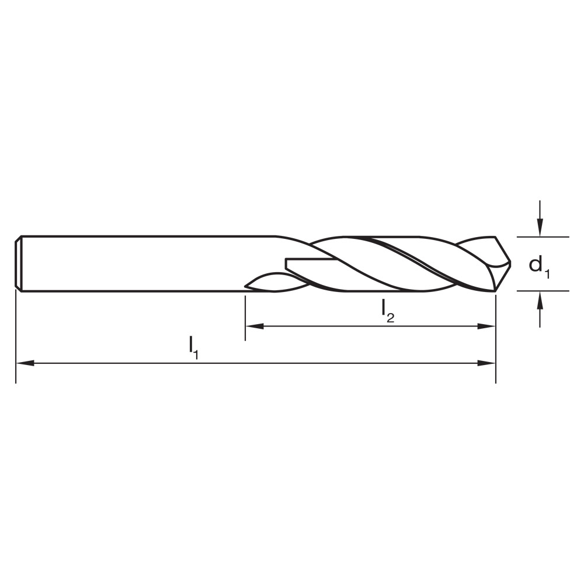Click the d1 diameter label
click(x=538, y=266)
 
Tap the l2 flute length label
click(x=388, y=310)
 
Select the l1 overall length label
click(x=194, y=347)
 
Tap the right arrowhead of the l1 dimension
click(x=487, y=363)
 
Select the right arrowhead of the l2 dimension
click(x=487, y=326)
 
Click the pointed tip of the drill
click(x=509, y=263)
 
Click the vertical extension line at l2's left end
click(x=245, y=318)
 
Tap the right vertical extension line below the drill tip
click(x=496, y=339)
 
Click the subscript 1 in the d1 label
click(x=547, y=272)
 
